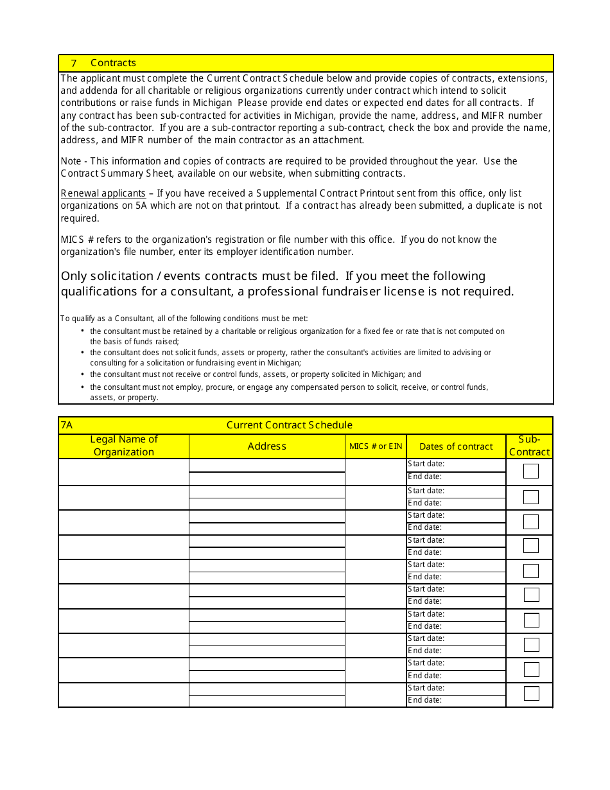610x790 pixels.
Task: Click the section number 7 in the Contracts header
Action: point(74,63)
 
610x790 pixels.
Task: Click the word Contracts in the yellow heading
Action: point(113,63)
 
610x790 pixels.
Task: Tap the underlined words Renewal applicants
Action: point(103,193)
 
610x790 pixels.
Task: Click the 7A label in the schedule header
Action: point(67,425)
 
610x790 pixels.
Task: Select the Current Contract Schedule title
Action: point(289,425)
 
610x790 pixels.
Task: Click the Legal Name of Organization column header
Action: point(124,446)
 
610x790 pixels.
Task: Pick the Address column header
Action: point(267,446)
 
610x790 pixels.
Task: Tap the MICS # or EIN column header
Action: point(376,446)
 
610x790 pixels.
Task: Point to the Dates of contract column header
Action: point(456,446)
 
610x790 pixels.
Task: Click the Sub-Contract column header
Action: point(529,446)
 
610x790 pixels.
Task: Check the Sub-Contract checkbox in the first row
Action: point(530,471)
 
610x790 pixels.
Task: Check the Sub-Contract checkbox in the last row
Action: point(531,694)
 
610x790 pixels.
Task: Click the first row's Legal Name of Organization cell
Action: point(124,472)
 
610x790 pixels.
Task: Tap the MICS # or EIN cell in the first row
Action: point(376,472)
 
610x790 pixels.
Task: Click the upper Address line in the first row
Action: point(267,465)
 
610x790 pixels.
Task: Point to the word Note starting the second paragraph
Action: point(71,161)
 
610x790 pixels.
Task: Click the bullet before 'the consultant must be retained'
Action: point(83,331)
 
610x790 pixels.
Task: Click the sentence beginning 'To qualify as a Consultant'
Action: point(184,319)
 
